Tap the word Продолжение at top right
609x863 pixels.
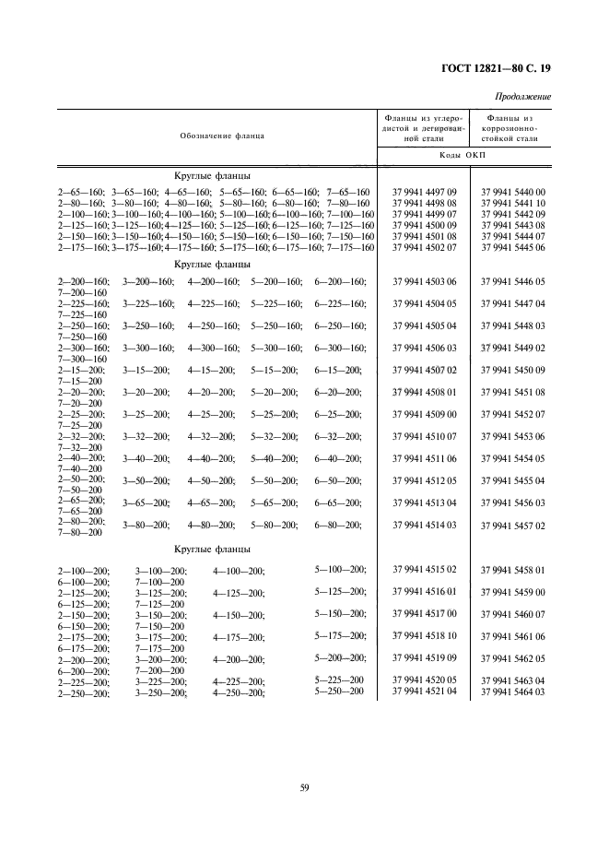[x=523, y=97]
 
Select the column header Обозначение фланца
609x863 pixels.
[x=222, y=136]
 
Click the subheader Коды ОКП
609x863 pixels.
[x=467, y=156]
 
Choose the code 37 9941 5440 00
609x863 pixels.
[x=512, y=192]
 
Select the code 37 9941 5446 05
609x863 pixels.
[x=512, y=281]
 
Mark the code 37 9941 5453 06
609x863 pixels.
[x=512, y=436]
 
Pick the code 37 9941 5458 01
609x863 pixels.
[x=512, y=570]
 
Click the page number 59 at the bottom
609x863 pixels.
[x=304, y=786]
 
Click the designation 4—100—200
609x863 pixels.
[x=239, y=572]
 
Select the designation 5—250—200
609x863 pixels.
[x=340, y=691]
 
